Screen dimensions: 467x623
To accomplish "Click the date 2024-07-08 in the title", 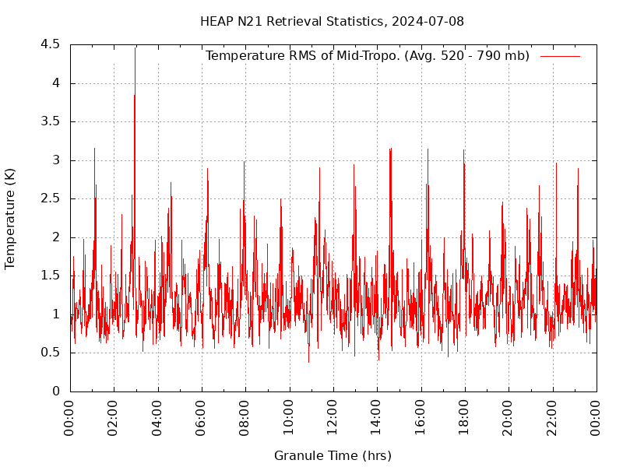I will coord(428,21).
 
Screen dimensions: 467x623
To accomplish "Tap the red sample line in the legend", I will coord(560,56).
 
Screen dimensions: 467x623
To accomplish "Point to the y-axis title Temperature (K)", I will coord(10,218).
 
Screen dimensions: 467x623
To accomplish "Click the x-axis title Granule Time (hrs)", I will coord(333,455).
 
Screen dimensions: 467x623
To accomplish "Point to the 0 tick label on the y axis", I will coord(56,392).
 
